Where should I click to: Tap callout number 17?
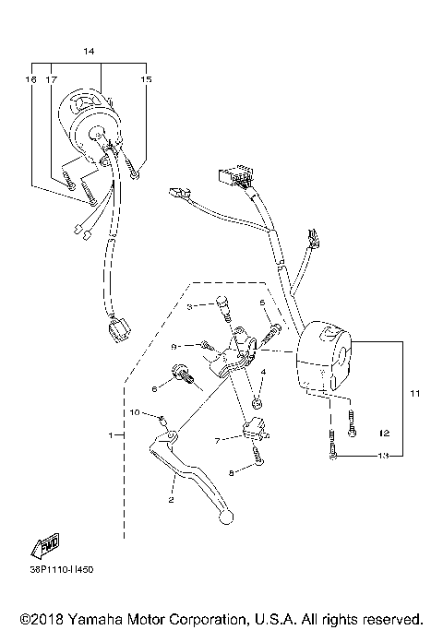tap(52, 80)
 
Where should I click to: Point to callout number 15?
tap(146, 80)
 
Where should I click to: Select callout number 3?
tap(189, 305)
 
